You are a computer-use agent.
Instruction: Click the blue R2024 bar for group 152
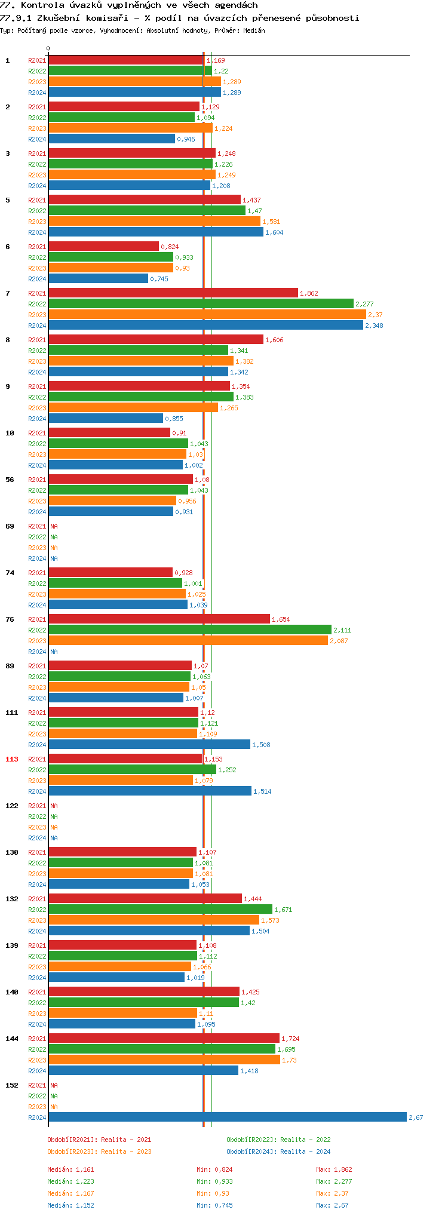227,1117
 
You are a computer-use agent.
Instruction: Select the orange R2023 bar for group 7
207,314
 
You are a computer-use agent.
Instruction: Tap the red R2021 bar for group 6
103,246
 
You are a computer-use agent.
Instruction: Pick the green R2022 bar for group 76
189,630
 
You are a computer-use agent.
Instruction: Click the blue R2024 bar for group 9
105,418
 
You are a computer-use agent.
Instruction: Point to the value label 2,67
416,1117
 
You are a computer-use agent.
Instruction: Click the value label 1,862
309,293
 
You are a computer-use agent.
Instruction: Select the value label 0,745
159,279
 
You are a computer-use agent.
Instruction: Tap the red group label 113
12,759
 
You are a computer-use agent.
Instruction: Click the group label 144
12,1039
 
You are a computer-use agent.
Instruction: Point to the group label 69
10,526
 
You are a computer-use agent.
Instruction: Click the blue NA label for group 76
54,652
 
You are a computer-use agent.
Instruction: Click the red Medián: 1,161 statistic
70,1169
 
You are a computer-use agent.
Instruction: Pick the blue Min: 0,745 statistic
214,1205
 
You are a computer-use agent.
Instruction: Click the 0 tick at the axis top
48,48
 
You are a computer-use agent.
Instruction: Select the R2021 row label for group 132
37,899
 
